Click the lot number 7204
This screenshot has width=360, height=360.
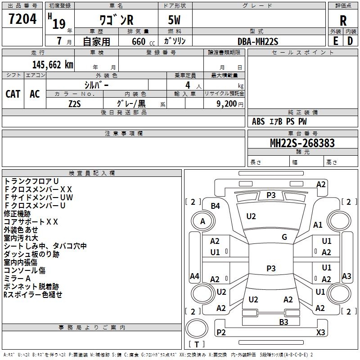pos(22,19)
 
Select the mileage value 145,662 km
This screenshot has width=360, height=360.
pos(53,65)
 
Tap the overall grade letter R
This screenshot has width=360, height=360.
pos(343,20)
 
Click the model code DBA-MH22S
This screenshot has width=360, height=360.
pos(258,41)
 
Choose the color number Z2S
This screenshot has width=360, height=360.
pos(75,103)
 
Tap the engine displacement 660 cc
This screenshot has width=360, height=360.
pos(143,41)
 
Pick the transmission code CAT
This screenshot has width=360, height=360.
pos(13,94)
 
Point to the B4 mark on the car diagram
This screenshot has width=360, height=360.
pos(216,206)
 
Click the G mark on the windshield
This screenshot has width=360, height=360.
pos(284,237)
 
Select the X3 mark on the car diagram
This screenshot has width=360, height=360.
pos(320,332)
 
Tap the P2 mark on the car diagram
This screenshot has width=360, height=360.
pos(221,332)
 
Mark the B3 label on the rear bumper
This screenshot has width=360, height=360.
pos(283,322)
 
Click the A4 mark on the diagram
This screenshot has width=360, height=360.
pos(194,276)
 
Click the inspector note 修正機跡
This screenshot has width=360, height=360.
pos(17,214)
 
